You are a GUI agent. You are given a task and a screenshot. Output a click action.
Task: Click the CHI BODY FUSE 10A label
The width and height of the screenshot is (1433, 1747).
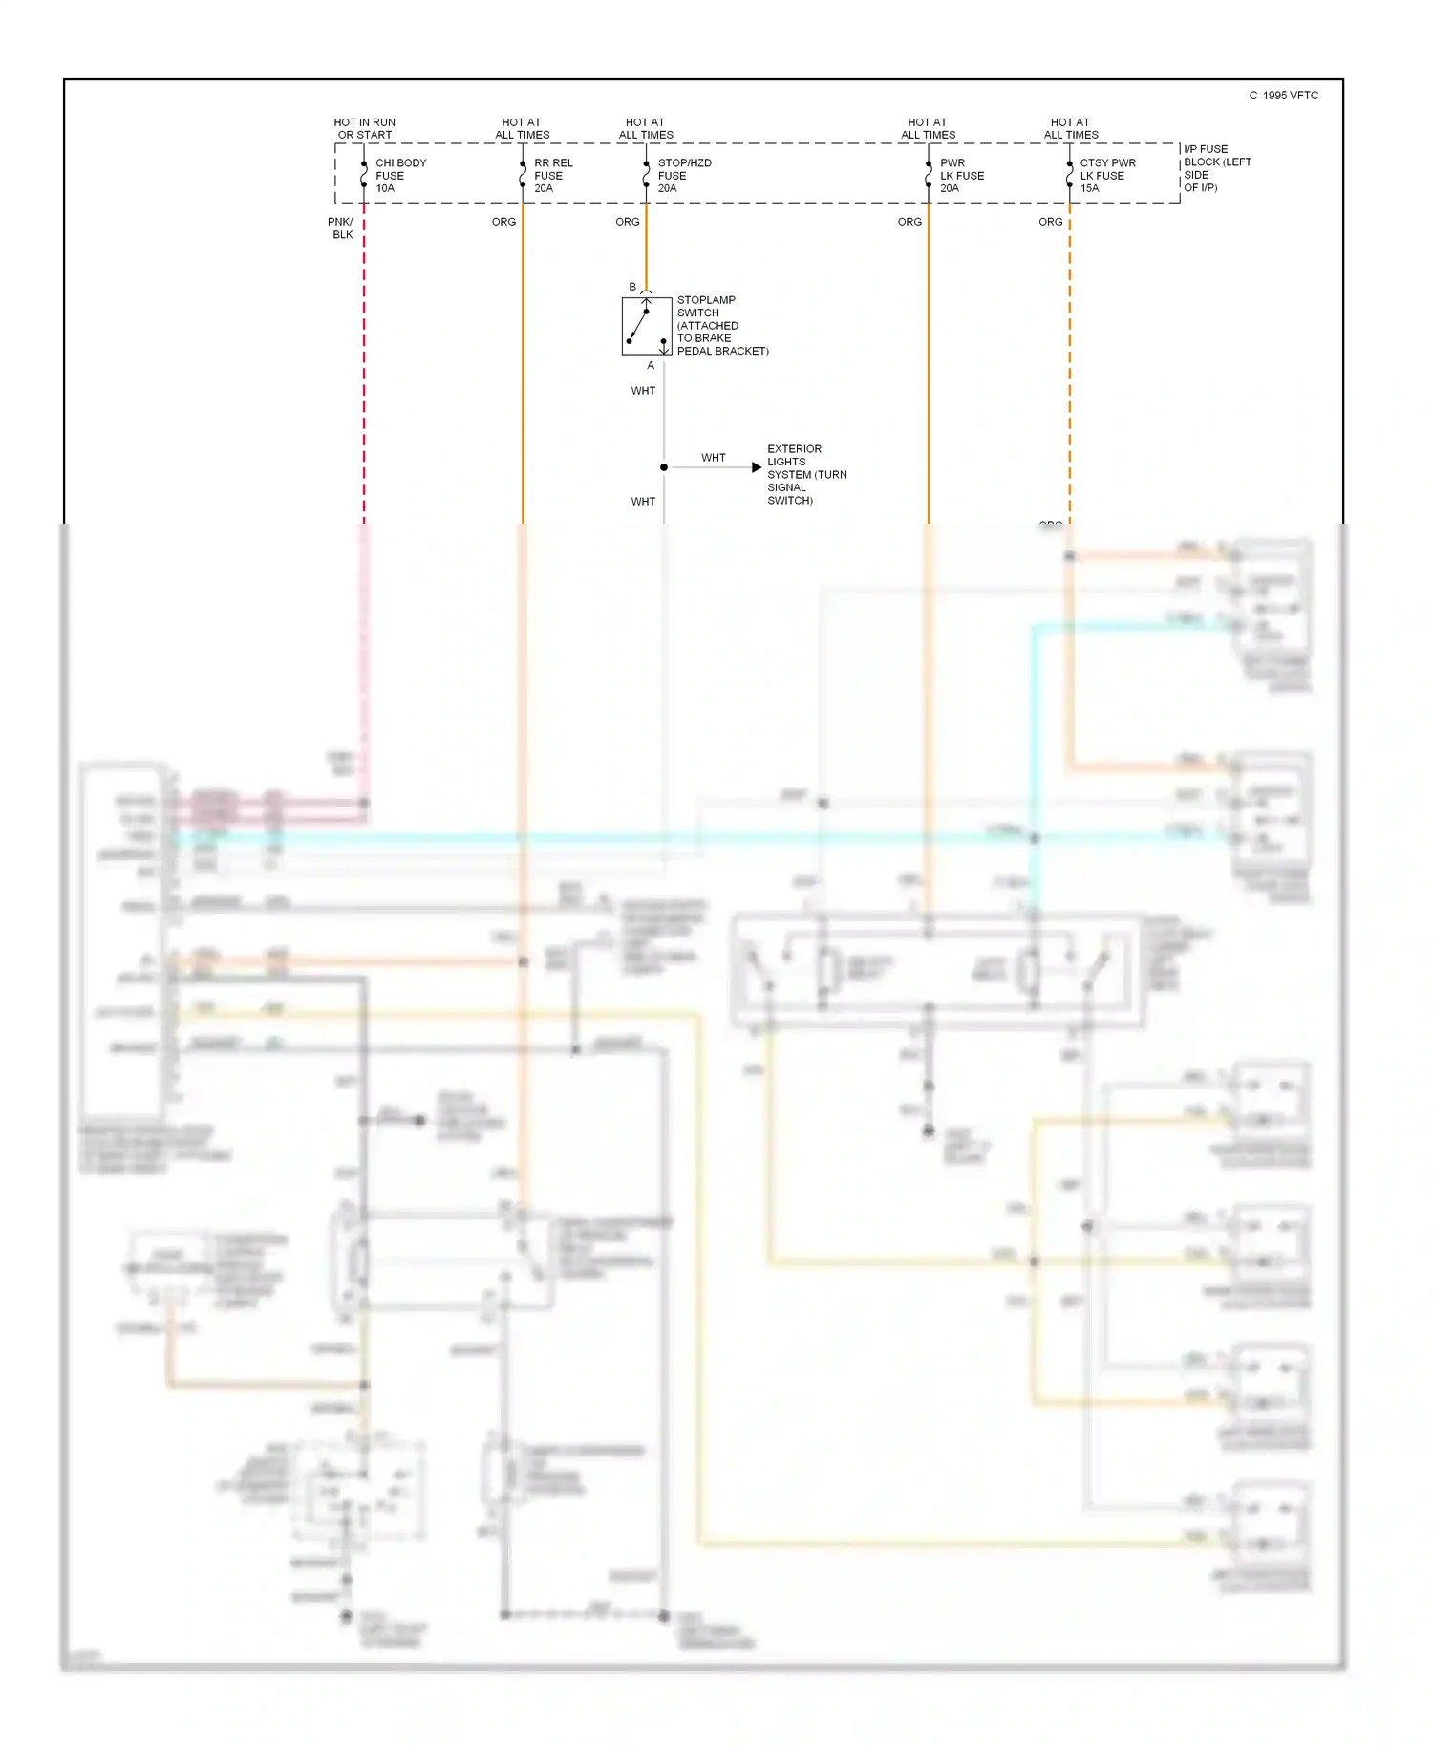point(400,176)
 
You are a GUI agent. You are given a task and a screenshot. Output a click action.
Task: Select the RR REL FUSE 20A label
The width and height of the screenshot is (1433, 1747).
point(552,176)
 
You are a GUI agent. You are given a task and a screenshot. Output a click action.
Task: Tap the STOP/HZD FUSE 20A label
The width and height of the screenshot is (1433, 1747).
point(683,176)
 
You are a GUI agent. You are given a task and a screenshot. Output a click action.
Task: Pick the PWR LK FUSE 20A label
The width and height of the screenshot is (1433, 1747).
point(960,176)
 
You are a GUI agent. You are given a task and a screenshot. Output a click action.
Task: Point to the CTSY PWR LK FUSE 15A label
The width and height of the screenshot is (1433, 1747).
point(1106,176)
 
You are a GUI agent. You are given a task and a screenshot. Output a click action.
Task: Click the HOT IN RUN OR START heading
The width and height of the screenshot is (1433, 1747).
point(364,129)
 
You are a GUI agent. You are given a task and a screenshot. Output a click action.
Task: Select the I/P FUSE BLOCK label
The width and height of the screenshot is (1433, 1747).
point(1216,168)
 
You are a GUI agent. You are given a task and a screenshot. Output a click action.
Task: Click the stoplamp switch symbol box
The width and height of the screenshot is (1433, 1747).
point(647,327)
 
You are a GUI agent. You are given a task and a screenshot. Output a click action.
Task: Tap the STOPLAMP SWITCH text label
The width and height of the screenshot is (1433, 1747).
point(721,326)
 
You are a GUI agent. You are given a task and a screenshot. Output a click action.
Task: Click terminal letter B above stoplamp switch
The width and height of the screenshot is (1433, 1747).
point(632,287)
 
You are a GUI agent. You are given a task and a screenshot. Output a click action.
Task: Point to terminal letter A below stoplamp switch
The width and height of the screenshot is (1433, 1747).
point(651,366)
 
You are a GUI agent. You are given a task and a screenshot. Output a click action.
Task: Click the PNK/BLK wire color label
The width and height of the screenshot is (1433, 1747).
point(341,228)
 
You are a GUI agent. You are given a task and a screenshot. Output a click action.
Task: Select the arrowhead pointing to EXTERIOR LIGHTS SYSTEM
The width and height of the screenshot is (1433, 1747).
point(757,467)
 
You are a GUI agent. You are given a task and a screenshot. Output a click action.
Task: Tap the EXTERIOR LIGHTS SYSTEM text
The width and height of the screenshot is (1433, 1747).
point(805,475)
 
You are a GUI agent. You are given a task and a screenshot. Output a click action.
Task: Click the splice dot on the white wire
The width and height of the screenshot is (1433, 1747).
point(664,467)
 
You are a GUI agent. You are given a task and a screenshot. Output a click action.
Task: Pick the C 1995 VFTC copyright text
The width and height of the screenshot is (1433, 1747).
point(1283,96)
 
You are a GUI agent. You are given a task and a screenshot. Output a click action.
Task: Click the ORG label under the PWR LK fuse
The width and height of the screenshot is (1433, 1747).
point(909,222)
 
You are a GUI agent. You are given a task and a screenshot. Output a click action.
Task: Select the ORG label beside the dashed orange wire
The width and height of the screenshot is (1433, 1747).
point(1050,222)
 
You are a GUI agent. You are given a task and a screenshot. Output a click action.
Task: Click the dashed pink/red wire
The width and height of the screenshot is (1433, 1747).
point(364,382)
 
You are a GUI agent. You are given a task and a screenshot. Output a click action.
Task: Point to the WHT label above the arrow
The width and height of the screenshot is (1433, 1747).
point(713,458)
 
